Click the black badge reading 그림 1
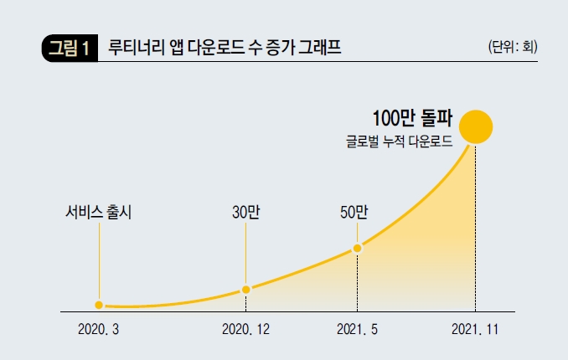70,48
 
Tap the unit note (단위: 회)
512,47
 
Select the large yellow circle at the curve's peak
475,126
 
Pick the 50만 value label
354,212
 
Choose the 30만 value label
245,212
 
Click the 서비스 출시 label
99,212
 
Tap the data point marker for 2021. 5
358,248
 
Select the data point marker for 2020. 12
245,289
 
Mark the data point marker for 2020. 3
99,305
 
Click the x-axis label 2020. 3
99,331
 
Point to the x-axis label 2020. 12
245,331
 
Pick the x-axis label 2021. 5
358,331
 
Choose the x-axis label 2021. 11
475,331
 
